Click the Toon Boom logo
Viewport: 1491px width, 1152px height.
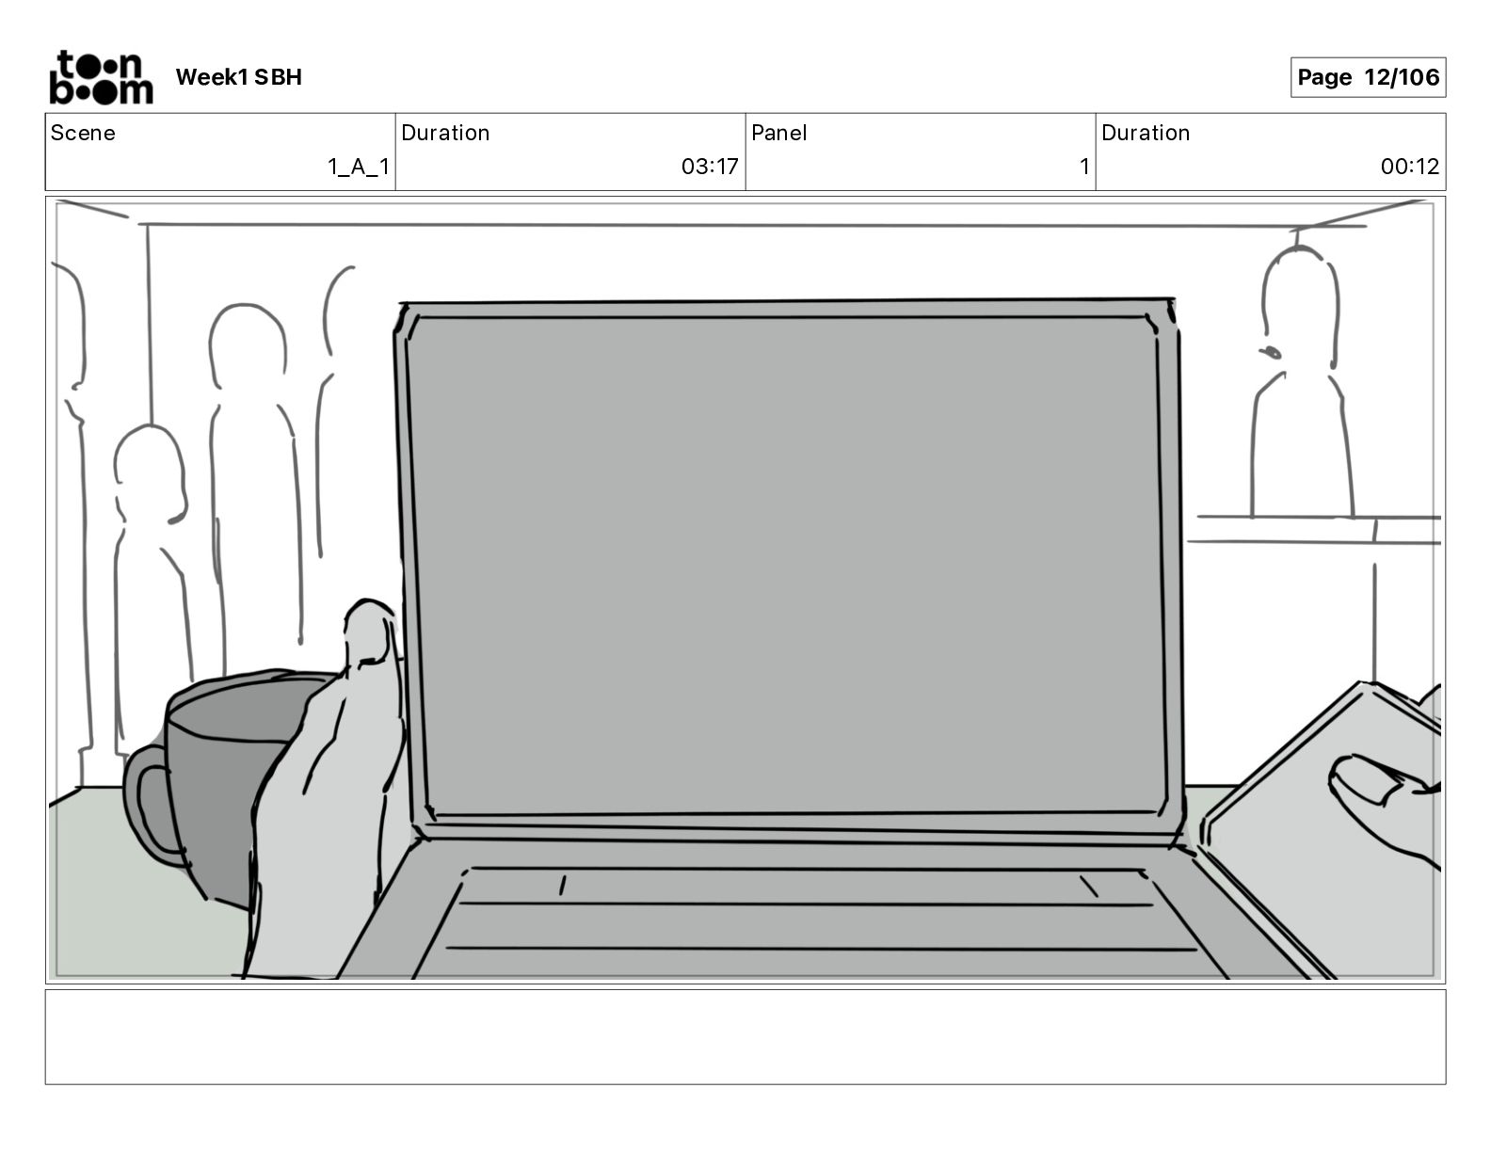click(x=101, y=77)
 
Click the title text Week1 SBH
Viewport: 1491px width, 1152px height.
click(x=238, y=77)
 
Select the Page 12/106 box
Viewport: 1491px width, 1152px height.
click(x=1368, y=77)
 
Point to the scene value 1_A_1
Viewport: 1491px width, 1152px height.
click(x=358, y=167)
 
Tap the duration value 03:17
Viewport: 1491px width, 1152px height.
click(x=710, y=167)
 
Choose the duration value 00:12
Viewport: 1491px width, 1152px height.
click(x=1409, y=167)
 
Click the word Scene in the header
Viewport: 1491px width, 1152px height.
click(x=83, y=133)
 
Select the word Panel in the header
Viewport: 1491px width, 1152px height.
click(x=778, y=133)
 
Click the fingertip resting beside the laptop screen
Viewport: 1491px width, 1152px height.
click(x=370, y=626)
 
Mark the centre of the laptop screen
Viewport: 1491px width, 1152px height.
click(x=789, y=565)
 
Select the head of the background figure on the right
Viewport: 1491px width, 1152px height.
click(x=1298, y=306)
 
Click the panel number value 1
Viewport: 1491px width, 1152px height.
click(x=1083, y=167)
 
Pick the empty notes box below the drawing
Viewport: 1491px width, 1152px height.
click(x=745, y=1036)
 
